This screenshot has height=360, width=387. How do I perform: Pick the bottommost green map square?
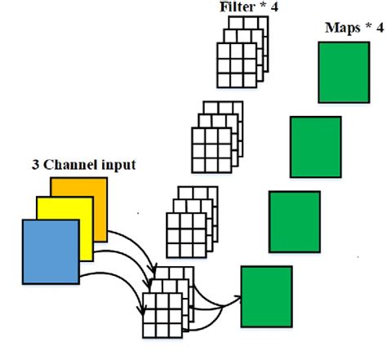(x=266, y=291)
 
